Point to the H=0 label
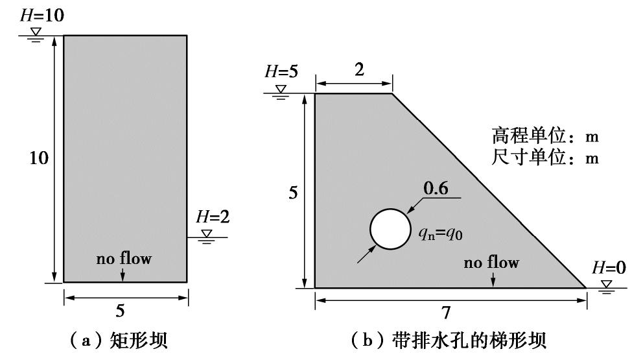(609, 267)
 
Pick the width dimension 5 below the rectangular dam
(121, 311)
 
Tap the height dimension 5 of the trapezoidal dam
(294, 193)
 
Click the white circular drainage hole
(390, 229)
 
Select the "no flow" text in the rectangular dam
(124, 259)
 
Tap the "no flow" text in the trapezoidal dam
(491, 263)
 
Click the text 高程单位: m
(544, 138)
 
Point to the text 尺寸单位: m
(544, 158)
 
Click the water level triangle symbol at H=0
(607, 284)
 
